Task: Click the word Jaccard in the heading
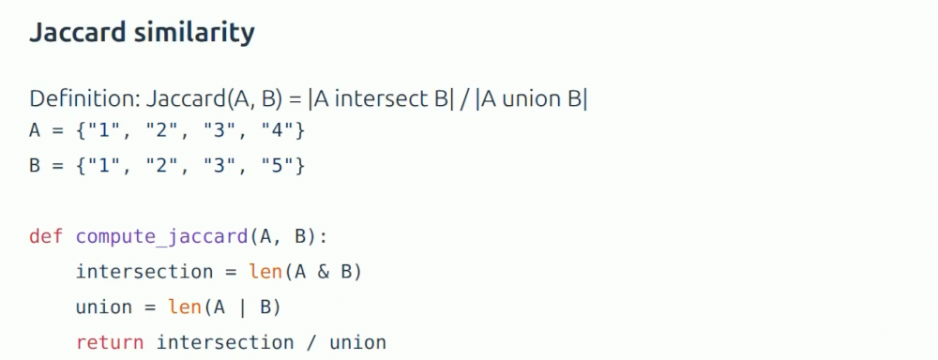[x=77, y=32]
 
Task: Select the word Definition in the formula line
[x=83, y=98]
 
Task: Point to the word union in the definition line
[x=527, y=98]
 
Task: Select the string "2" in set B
[x=161, y=166]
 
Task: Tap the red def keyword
[x=45, y=236]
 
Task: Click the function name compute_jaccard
[x=161, y=237]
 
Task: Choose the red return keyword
[x=110, y=343]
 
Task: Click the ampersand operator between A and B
[x=324, y=272]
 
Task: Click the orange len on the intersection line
[x=265, y=272]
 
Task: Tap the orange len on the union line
[x=184, y=307]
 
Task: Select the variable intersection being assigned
[x=144, y=272]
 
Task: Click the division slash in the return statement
[x=311, y=343]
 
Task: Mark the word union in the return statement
[x=358, y=343]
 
